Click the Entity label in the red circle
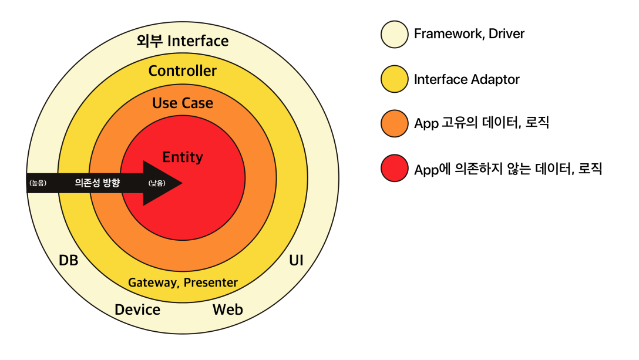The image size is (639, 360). pyautogui.click(x=183, y=157)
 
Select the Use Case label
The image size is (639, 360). pyautogui.click(x=183, y=103)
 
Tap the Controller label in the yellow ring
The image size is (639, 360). pyautogui.click(x=183, y=71)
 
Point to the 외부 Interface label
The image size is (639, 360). pyautogui.click(x=183, y=41)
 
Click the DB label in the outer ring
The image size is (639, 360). pyautogui.click(x=69, y=260)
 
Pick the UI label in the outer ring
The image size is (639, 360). pyautogui.click(x=297, y=260)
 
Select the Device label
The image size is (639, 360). pyautogui.click(x=137, y=309)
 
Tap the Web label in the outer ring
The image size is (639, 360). pyautogui.click(x=228, y=309)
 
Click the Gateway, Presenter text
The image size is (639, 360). pyautogui.click(x=183, y=282)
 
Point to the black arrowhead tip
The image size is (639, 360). pyautogui.click(x=181, y=183)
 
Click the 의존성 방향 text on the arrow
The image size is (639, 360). pyautogui.click(x=97, y=183)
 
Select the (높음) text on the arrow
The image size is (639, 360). pyautogui.click(x=38, y=183)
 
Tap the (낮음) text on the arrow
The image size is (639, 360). pyautogui.click(x=157, y=183)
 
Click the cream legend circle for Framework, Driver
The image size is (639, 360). pyautogui.click(x=394, y=34)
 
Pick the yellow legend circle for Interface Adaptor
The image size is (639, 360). pyautogui.click(x=394, y=79)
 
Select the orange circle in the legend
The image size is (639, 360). pyautogui.click(x=394, y=123)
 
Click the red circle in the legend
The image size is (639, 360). pyautogui.click(x=394, y=169)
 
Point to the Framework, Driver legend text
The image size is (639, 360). pyautogui.click(x=469, y=34)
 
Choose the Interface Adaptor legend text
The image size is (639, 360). pyautogui.click(x=467, y=79)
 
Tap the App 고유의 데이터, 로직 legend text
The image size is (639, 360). pyautogui.click(x=482, y=123)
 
